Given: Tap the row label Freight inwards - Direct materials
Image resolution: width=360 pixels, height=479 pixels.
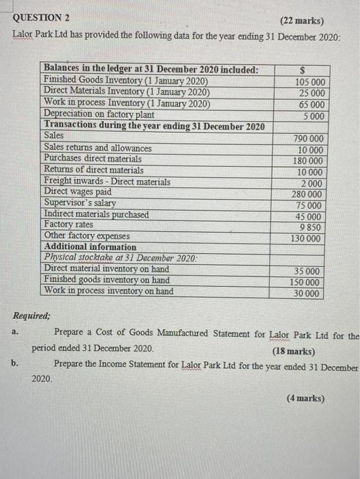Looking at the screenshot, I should (107, 181).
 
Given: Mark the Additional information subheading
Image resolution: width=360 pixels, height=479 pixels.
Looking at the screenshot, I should (90, 247).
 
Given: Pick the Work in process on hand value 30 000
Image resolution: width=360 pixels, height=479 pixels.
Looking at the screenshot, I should (309, 294).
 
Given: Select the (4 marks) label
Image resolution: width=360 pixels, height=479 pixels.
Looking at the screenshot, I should (305, 399).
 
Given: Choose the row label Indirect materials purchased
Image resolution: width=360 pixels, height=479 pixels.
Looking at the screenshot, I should (96, 214).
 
